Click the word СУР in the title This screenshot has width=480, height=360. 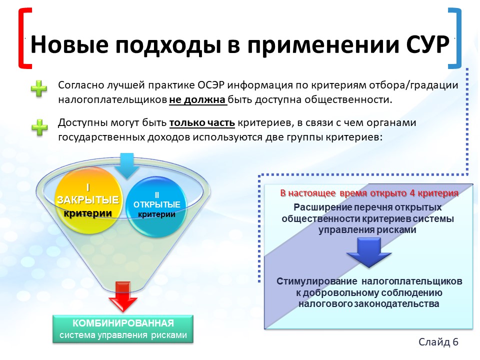(x=427, y=44)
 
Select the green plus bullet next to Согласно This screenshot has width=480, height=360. (x=39, y=88)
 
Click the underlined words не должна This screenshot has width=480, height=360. (x=198, y=100)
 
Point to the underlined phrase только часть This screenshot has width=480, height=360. (x=202, y=123)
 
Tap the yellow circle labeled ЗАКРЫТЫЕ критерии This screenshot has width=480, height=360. (x=88, y=200)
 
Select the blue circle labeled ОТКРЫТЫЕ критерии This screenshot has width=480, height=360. (x=156, y=206)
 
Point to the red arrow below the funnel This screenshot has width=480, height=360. (x=123, y=296)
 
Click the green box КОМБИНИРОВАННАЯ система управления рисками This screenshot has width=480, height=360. (x=123, y=329)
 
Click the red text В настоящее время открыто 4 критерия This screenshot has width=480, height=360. (x=369, y=193)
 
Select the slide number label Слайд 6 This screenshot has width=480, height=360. (x=438, y=341)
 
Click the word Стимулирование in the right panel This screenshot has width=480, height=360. (x=316, y=281)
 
